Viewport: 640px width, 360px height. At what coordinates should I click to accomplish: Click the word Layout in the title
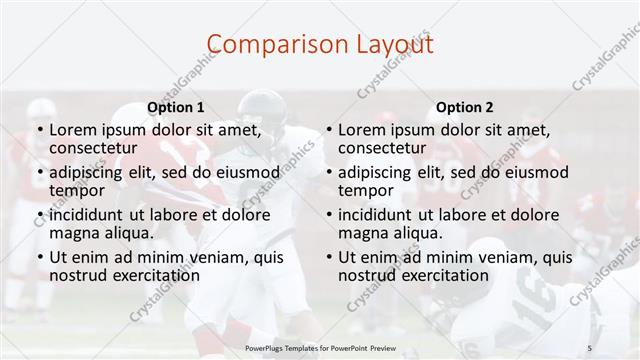coord(393,44)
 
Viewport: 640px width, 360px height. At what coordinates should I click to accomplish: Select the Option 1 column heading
coord(176,107)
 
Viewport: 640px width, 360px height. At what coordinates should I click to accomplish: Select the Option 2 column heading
coord(464,107)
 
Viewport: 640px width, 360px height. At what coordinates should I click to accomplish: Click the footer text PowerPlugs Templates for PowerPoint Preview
coord(319,348)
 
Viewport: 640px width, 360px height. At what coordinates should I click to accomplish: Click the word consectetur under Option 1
coord(94,148)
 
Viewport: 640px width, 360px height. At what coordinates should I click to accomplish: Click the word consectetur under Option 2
coord(382,148)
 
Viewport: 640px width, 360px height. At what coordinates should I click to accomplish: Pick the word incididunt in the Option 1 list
coord(93,214)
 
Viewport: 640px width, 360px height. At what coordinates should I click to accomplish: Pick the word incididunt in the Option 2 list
coord(381,214)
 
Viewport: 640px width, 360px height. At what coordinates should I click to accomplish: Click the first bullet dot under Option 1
coord(38,130)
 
